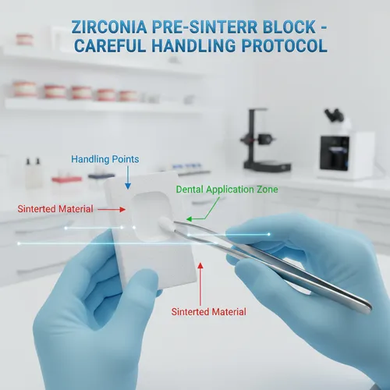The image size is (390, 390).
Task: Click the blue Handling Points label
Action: (x=105, y=159)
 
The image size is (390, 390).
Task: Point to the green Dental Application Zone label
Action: (x=227, y=190)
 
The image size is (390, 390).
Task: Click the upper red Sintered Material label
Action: (x=55, y=209)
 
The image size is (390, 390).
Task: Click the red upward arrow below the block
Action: (x=201, y=282)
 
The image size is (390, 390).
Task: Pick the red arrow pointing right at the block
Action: (x=108, y=209)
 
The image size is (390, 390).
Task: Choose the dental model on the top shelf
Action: (x=24, y=38)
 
